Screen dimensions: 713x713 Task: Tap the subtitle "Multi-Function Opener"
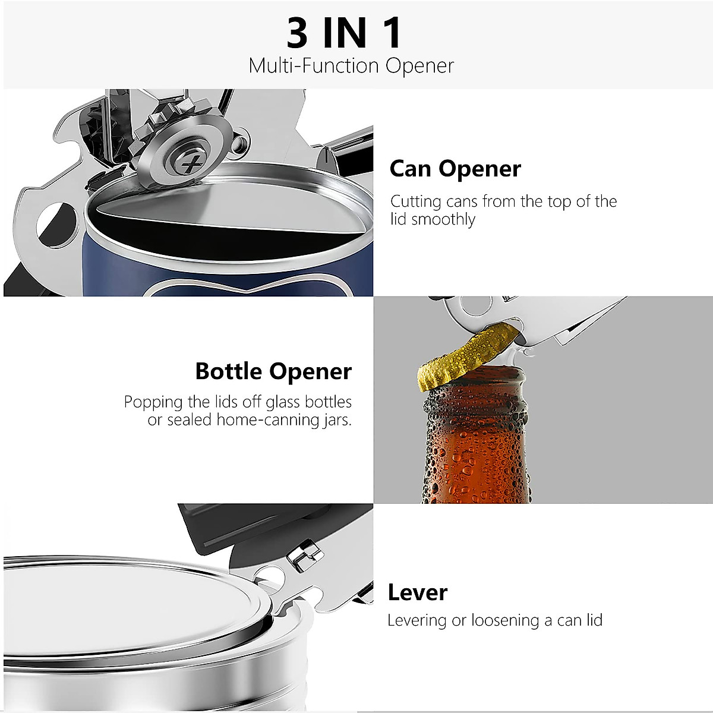351,65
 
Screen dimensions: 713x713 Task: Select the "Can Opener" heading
455,169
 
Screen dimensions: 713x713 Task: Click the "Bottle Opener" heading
273,371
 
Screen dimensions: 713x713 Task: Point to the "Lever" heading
417,592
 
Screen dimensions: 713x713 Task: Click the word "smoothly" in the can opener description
444,219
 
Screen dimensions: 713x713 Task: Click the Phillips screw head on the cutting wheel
190,162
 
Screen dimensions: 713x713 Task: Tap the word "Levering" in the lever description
417,620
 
